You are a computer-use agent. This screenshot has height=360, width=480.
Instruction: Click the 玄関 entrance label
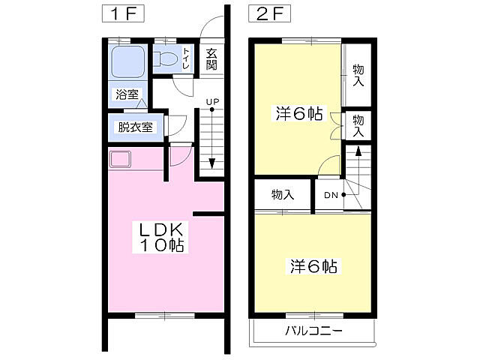(x=211, y=59)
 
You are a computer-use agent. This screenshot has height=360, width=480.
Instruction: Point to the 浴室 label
(x=126, y=94)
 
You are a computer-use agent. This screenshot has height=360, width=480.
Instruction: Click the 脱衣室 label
(x=135, y=127)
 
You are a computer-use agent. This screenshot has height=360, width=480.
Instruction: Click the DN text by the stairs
(x=330, y=196)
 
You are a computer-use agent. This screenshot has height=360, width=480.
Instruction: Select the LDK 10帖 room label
(x=160, y=236)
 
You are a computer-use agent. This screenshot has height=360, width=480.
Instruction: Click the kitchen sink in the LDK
(x=120, y=160)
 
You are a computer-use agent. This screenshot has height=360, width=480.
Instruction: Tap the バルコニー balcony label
(x=313, y=331)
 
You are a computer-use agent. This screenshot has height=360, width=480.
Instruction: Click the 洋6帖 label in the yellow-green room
(x=299, y=114)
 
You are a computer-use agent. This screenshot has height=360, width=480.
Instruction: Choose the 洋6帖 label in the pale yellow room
(x=313, y=266)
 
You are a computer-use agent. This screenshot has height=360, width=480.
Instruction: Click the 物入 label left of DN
(x=282, y=195)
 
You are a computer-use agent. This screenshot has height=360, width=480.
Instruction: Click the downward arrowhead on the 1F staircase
(x=212, y=164)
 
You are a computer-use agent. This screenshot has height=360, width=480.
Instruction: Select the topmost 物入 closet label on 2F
(x=358, y=76)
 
